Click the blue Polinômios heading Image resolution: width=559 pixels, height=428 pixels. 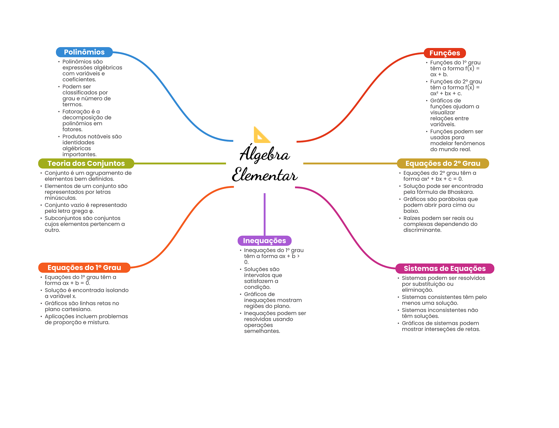[x=84, y=52]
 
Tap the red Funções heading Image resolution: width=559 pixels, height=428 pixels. [x=445, y=53]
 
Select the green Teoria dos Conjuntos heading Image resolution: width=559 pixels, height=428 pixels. [x=86, y=163]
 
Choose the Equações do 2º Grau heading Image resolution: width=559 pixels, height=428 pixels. [x=443, y=163]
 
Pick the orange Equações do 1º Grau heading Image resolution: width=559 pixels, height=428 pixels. [x=84, y=268]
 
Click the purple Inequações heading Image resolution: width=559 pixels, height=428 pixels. [x=264, y=241]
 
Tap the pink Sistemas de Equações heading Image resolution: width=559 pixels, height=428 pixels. [x=445, y=268]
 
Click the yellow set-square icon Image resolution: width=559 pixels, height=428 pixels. [x=261, y=135]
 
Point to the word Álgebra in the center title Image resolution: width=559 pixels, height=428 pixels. [x=264, y=154]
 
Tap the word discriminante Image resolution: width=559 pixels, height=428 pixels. [x=422, y=230]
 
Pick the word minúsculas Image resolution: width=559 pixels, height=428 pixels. [x=61, y=198]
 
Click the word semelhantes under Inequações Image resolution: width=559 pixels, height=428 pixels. [x=262, y=331]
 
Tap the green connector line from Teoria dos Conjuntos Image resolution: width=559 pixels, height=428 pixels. [x=180, y=163]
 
